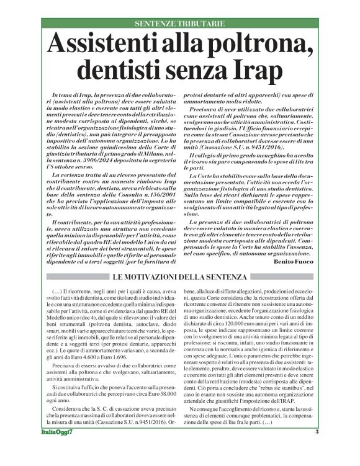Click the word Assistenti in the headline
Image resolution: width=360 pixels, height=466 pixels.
108,44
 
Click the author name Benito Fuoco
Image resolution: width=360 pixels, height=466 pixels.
297,262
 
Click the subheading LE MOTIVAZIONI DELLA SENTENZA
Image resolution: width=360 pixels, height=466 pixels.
179,276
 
